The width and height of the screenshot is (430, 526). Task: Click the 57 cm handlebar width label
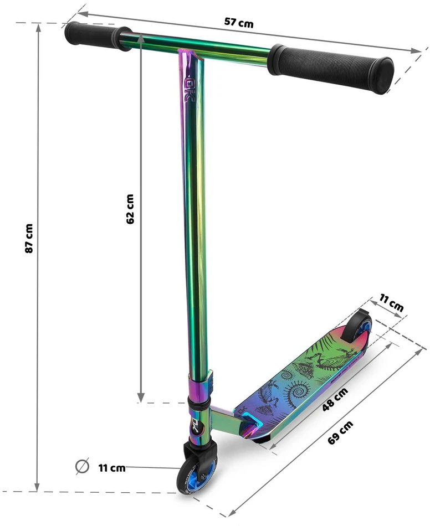pyautogui.click(x=239, y=23)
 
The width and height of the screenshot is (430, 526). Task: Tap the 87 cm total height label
pyautogui.click(x=29, y=239)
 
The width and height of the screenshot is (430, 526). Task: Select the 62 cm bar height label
pyautogui.click(x=130, y=209)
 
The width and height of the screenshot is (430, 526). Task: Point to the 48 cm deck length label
pyautogui.click(x=335, y=399)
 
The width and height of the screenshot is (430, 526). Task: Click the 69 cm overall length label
pyautogui.click(x=340, y=432)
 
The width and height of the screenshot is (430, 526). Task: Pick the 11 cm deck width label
pyautogui.click(x=391, y=302)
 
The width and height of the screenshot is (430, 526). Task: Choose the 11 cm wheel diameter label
pyautogui.click(x=112, y=468)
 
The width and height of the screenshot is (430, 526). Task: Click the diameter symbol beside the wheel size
pyautogui.click(x=82, y=466)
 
